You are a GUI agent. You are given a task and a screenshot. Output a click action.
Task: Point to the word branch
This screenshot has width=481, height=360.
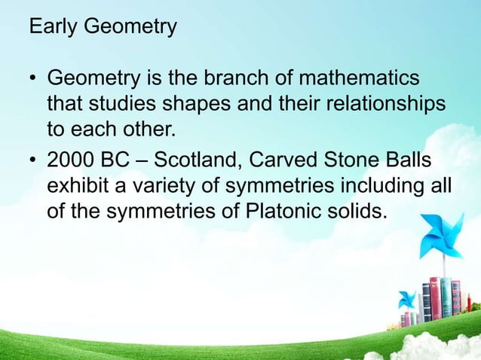click(x=231, y=78)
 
